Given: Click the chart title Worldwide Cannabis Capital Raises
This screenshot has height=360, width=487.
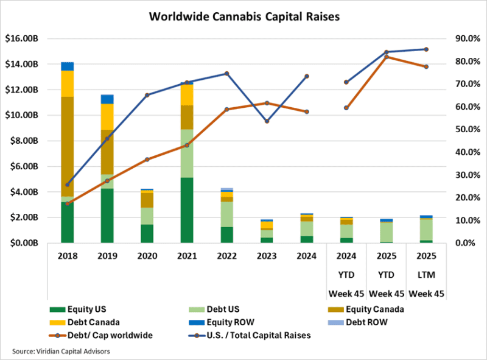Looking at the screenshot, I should click(244, 16).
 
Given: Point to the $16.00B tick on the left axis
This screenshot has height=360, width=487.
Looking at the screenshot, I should click(22, 38).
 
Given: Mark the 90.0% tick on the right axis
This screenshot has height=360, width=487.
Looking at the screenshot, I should click(464, 38).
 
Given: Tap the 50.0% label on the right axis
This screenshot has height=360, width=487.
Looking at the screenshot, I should click(464, 129).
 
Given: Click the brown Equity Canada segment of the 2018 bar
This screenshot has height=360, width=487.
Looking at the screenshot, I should click(67, 146).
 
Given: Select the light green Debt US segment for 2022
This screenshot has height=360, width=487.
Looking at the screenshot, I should click(226, 214).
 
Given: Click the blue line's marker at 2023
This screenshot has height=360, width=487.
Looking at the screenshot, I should click(267, 121).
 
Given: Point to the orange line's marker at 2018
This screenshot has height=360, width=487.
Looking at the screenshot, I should click(68, 203).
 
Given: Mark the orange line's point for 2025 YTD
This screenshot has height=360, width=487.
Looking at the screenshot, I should click(386, 57).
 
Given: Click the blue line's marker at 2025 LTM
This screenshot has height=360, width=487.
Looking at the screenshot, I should click(426, 49).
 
